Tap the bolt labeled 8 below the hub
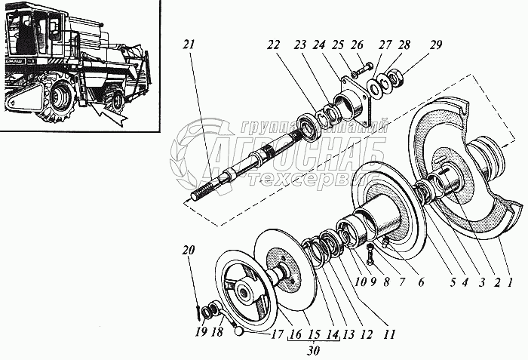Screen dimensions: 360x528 click(370, 257)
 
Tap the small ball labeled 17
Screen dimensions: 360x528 click(238, 328)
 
